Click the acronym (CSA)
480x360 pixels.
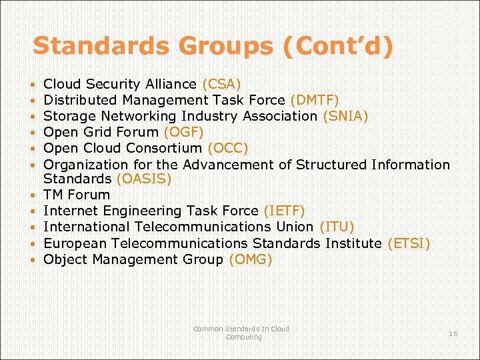pyautogui.click(x=221, y=85)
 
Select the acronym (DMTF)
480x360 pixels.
pyautogui.click(x=315, y=101)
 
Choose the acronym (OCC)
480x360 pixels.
pyautogui.click(x=228, y=148)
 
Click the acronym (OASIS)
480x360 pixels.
pyautogui.click(x=144, y=179)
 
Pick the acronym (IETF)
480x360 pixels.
pyautogui.click(x=285, y=211)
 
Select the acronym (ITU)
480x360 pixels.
pyautogui.click(x=337, y=227)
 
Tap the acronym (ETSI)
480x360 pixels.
pyautogui.click(x=409, y=243)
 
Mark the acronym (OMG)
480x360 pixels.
pyautogui.click(x=250, y=259)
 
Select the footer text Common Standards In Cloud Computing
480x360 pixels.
pyautogui.click(x=241, y=333)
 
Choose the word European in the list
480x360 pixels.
pyautogui.click(x=74, y=243)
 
